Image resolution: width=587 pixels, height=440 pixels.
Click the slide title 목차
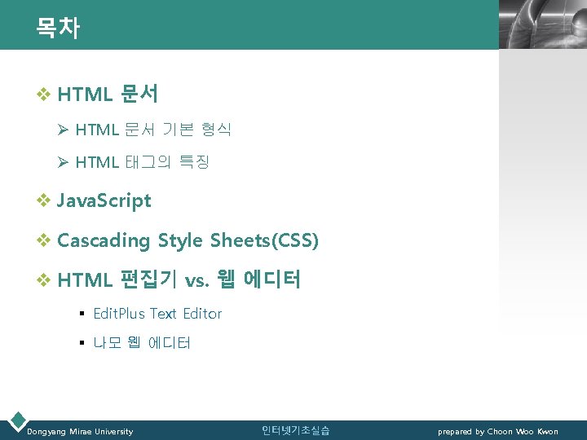tap(57, 29)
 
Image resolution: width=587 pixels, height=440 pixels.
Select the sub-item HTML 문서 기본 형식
tap(153, 130)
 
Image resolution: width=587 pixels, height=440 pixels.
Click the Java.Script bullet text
tap(104, 200)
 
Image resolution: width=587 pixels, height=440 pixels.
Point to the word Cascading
tap(104, 241)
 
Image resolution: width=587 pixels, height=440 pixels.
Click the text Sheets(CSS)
tap(264, 241)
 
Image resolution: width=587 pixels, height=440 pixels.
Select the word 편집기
tap(149, 281)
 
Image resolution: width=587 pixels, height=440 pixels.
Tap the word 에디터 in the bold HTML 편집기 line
tap(271, 281)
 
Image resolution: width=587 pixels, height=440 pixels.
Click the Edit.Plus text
tap(119, 314)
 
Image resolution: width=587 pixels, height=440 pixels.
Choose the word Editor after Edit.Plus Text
tap(202, 314)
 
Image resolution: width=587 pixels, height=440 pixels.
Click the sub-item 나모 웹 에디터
tap(142, 343)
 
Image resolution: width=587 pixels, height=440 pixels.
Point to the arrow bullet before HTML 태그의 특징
tap(64, 162)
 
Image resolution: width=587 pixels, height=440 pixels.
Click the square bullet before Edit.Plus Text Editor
tap(82, 314)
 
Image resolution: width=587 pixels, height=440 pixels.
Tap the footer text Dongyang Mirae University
tap(80, 431)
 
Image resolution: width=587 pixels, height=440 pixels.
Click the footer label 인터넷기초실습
tap(295, 430)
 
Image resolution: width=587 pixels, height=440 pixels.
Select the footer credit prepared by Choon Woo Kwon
tap(498, 431)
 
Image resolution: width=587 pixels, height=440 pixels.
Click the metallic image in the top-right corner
tap(542, 24)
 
